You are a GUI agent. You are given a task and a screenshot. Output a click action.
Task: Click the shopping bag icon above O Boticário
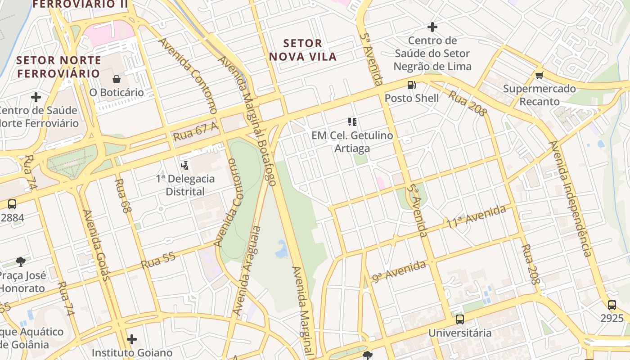point(117,80)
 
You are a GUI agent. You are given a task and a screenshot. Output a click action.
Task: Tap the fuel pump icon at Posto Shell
point(411,85)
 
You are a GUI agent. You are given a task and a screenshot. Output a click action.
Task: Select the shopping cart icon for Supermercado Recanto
point(539,75)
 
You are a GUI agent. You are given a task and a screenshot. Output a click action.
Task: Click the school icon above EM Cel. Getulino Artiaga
point(352,121)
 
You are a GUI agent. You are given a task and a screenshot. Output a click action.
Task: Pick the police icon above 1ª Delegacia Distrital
point(184,165)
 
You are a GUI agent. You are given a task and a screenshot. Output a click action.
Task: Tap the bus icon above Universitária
point(459,319)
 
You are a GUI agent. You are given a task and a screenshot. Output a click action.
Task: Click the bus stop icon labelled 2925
point(612,305)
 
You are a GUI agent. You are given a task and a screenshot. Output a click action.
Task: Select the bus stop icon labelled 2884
point(12,204)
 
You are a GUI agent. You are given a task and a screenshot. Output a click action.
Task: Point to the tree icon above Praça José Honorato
point(20,261)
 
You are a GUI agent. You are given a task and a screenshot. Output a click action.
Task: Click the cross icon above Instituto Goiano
point(131,339)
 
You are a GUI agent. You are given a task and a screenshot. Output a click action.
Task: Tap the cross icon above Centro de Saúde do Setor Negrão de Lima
point(432,27)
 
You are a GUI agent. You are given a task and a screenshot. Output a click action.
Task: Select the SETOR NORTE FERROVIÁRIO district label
point(58,67)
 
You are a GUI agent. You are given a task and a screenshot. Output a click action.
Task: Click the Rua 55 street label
point(158,261)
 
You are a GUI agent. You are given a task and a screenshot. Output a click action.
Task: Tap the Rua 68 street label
point(121,195)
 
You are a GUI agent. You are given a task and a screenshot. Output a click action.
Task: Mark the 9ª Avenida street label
point(399,271)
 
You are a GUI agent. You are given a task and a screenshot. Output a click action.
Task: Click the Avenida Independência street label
point(570,198)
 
